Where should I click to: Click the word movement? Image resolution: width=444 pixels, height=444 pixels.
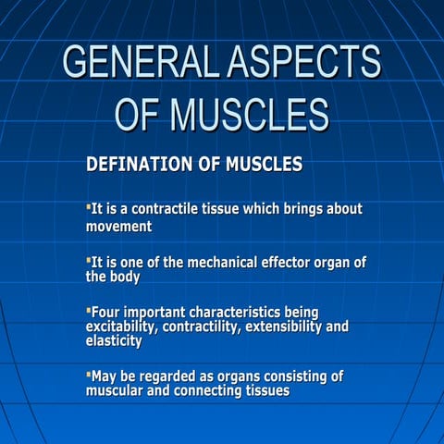(119, 226)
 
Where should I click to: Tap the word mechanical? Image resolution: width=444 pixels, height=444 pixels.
(224, 263)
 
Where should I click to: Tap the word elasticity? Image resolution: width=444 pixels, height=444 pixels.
(114, 340)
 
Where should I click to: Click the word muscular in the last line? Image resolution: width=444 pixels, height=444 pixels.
(117, 390)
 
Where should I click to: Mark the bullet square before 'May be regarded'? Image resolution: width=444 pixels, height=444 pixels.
(89, 375)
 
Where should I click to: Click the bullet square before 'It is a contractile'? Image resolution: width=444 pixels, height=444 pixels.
(89, 207)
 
